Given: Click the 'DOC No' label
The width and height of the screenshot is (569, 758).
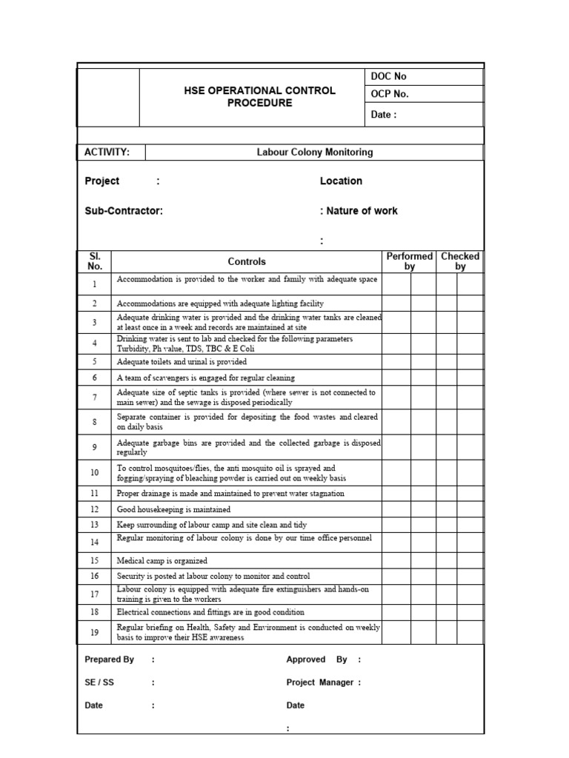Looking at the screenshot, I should point(388,76).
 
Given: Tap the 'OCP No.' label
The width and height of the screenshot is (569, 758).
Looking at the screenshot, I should point(390,94).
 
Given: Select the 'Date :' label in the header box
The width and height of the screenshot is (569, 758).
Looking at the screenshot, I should point(384,114).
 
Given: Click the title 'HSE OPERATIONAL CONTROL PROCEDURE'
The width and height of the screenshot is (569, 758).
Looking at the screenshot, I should point(259,96).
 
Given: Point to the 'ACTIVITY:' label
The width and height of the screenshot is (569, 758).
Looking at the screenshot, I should point(107,152).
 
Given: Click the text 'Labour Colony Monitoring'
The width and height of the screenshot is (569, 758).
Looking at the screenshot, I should point(315,152).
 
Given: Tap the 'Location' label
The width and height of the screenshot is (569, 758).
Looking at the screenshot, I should point(341,181).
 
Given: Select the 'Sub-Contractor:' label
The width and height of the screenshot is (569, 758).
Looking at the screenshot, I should point(124,211).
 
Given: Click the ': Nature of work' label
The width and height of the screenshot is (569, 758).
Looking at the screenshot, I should point(359,211).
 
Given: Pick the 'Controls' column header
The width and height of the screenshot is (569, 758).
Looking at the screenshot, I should point(247,261).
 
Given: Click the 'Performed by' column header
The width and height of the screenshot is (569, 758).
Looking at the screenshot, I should point(409,261).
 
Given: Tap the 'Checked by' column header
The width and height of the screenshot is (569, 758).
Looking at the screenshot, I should point(460,261).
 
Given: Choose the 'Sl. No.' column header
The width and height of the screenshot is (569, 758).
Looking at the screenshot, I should point(95,261).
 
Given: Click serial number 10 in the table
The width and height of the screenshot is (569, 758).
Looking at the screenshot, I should point(95,472).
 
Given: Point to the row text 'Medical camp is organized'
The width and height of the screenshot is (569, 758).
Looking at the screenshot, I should point(162,561).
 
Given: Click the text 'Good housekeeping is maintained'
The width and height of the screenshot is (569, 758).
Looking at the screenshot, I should point(173,510).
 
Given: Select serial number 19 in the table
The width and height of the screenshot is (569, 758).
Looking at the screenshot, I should point(95,632).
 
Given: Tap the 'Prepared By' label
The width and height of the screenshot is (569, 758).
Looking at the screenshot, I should point(110,660).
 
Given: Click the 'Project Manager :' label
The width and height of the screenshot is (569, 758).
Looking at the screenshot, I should point(323,682).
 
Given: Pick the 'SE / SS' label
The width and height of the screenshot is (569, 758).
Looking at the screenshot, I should point(99,682).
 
